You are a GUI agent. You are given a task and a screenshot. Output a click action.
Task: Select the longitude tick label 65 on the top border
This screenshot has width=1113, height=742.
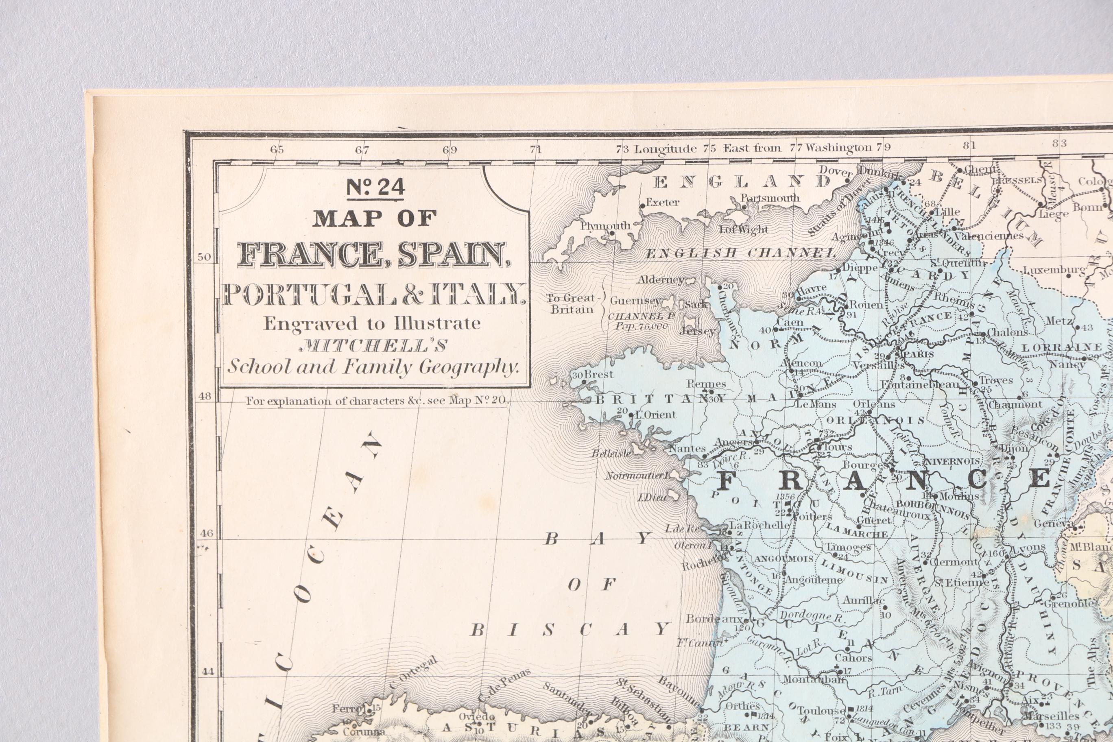point(277,150)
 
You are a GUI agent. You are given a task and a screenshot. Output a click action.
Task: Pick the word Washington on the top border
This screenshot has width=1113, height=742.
point(838,147)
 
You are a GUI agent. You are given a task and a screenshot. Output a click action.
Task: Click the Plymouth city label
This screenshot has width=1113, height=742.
point(606,226)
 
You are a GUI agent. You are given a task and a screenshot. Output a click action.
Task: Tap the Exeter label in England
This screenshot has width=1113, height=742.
point(663,203)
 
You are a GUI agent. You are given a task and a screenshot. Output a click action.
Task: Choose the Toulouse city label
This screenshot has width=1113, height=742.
point(821,710)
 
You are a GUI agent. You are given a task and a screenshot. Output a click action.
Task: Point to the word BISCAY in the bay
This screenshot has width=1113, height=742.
point(570,629)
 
